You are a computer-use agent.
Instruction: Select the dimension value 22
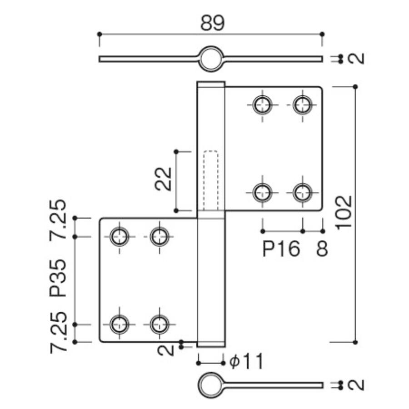click(x=163, y=179)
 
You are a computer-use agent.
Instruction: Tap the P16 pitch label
click(x=282, y=249)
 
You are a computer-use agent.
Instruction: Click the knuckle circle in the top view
click(x=210, y=58)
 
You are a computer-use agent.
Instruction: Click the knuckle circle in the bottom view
click(x=210, y=385)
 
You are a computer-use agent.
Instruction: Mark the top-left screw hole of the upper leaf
click(x=262, y=105)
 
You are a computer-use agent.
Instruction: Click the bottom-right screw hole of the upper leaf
click(x=302, y=192)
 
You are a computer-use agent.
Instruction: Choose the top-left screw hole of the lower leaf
click(x=120, y=236)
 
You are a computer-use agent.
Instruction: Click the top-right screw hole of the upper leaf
click(x=302, y=105)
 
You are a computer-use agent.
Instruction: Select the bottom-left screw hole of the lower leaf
click(x=120, y=324)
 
